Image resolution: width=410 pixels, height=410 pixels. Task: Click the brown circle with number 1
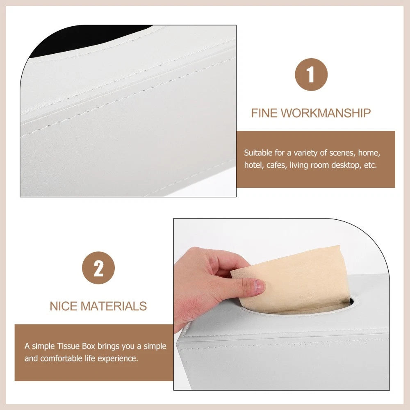tap(311, 75)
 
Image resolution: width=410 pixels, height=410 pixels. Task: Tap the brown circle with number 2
tap(98, 269)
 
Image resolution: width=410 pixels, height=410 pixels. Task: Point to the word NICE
tap(64, 306)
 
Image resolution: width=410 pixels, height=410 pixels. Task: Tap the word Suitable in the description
tap(258, 153)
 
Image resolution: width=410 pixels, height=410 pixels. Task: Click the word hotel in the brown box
tap(253, 166)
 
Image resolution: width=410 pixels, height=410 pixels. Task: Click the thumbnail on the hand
tap(259, 286)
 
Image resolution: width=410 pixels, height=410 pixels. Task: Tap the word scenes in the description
tap(342, 153)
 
